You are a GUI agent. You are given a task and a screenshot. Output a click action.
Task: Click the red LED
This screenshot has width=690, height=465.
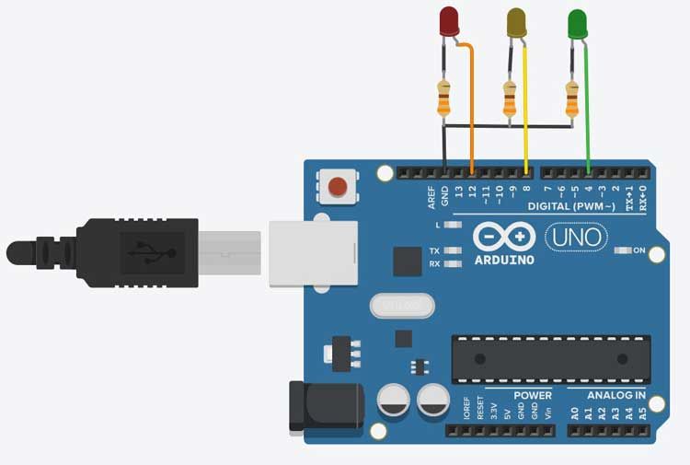point(449,20)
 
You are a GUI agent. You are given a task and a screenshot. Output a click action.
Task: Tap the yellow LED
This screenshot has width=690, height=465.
point(517,22)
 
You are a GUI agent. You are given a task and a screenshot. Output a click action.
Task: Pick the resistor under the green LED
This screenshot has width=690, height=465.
point(571,98)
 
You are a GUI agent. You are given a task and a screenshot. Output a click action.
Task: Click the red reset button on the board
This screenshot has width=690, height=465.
point(337,187)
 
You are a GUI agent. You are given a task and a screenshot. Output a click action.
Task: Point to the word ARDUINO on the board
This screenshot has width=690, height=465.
point(504,260)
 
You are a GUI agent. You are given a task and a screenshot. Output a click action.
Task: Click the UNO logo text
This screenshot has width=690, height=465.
point(576,238)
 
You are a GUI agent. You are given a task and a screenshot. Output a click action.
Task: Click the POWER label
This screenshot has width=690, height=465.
point(533,396)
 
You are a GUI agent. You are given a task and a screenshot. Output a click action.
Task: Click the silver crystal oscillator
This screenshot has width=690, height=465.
point(400,304)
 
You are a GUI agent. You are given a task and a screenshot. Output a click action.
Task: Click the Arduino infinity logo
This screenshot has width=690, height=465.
point(504,237)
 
